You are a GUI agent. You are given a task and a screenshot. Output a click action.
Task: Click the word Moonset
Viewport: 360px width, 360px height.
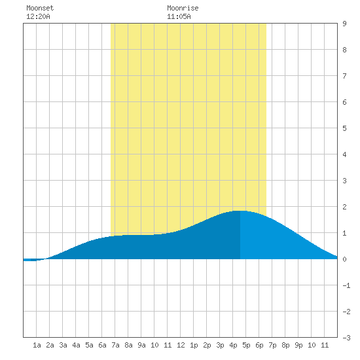[40, 8]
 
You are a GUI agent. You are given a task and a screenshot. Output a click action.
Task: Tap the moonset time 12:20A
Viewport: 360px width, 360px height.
[38, 16]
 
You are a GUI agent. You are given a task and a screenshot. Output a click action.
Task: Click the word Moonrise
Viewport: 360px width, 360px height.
[183, 8]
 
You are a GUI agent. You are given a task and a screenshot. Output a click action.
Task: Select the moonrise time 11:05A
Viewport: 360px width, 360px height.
[179, 16]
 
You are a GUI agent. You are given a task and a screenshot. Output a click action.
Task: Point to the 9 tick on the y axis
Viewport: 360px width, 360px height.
[344, 24]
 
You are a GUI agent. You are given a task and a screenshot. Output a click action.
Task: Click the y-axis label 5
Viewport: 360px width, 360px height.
[344, 128]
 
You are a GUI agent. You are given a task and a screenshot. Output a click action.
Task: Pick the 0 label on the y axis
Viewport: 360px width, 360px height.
[344, 259]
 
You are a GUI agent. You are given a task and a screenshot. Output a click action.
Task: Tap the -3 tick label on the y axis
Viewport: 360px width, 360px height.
[346, 338]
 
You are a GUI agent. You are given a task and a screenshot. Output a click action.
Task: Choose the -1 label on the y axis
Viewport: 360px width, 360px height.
[346, 285]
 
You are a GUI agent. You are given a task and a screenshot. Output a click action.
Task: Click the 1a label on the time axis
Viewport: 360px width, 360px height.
[37, 345]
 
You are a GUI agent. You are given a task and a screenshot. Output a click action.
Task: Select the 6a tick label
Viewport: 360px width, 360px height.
[102, 345]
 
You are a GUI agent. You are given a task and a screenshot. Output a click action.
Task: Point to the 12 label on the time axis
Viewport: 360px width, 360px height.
[181, 345]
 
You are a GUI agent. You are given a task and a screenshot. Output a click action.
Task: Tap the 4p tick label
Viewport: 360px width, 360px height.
[233, 345]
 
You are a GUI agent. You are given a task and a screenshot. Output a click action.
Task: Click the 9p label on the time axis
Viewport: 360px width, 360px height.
[298, 345]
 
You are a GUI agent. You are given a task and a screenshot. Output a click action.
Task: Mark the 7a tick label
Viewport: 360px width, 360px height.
[115, 345]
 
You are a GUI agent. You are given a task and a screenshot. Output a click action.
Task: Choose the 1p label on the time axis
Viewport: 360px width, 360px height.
[194, 345]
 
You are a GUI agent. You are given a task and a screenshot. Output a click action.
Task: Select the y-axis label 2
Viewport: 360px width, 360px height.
[344, 207]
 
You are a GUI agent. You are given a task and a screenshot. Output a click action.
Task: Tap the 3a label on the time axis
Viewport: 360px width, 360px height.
[63, 345]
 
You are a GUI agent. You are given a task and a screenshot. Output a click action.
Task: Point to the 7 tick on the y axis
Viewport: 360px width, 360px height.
[344, 76]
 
